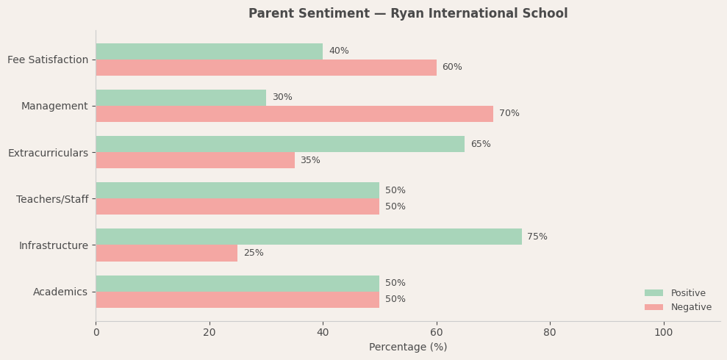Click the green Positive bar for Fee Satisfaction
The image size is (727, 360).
(209, 51)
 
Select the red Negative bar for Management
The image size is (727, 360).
(294, 114)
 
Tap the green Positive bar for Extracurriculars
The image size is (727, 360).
(280, 144)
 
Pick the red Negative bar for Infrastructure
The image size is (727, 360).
(166, 253)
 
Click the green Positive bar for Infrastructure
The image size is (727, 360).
(309, 237)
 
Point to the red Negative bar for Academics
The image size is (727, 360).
(237, 300)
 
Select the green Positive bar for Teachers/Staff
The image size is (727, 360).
(237, 190)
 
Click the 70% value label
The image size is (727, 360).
(509, 114)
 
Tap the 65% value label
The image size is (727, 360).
(481, 144)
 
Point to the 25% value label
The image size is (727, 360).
(254, 253)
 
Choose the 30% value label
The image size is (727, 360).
(282, 98)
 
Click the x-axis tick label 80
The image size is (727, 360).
(550, 333)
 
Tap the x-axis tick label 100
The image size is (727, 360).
(663, 333)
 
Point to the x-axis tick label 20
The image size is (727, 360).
(209, 333)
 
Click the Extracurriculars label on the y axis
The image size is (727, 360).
(48, 153)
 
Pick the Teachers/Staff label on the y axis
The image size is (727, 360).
(52, 199)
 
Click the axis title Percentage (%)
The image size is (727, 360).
(408, 348)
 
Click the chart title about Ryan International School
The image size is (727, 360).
(408, 14)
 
